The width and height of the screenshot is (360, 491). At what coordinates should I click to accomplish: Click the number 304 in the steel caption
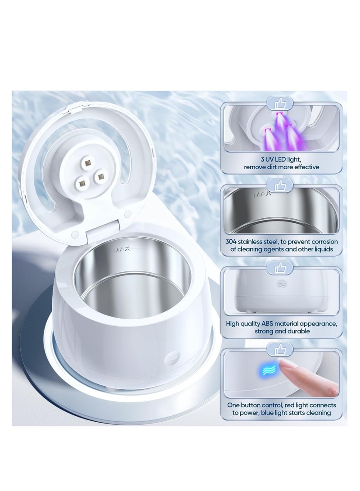(232, 242)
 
